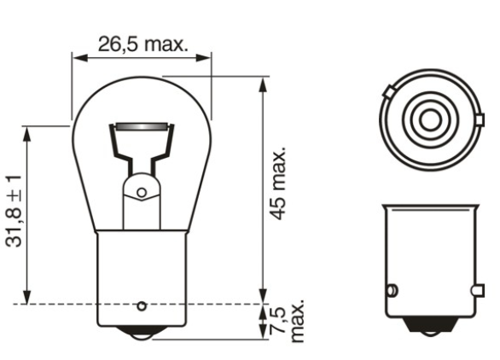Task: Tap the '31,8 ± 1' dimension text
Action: point(15,212)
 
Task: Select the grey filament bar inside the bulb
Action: point(142,129)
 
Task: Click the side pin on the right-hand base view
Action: point(392,290)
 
